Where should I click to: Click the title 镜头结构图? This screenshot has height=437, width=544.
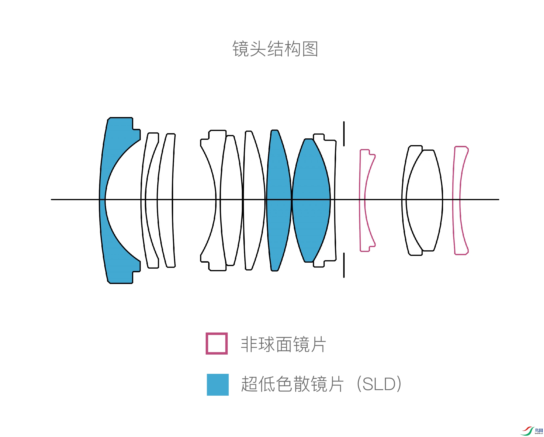[275, 49]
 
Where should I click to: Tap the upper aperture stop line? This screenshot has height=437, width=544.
[344, 134]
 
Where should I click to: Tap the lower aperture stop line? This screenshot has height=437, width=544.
[344, 265]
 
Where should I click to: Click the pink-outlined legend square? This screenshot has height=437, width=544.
[217, 343]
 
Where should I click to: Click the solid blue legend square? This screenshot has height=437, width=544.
[217, 385]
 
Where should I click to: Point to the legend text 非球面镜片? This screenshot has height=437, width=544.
[283, 344]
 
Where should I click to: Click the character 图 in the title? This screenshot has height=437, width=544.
[310, 49]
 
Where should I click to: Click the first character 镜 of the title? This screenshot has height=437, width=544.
[240, 49]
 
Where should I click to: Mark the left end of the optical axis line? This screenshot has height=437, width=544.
[52, 199]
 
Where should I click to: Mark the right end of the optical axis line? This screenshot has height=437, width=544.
[498, 199]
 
